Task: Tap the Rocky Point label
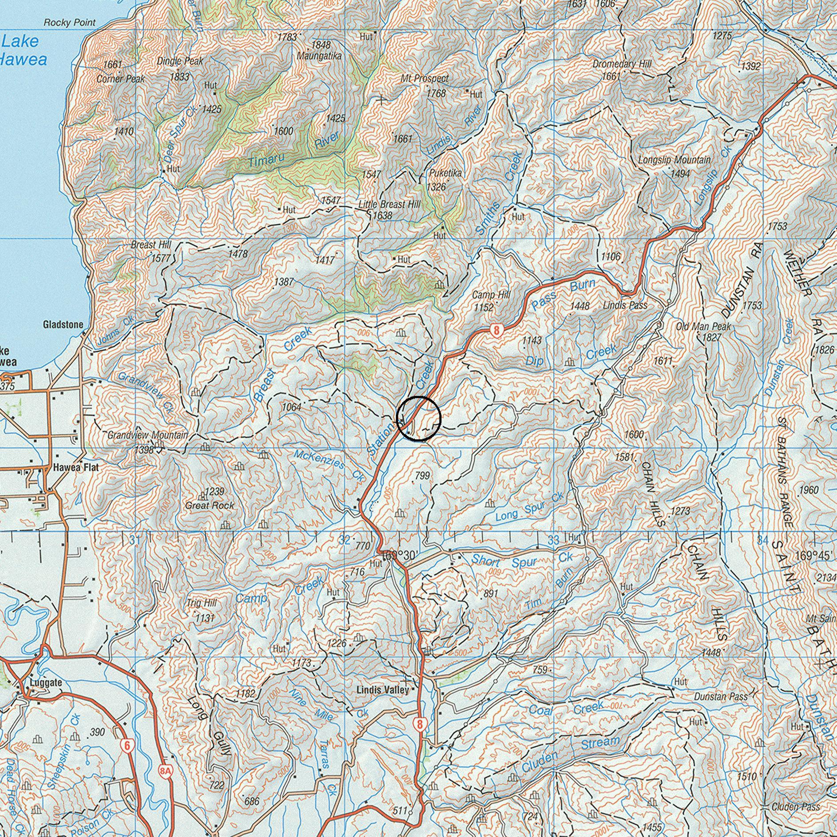[x=70, y=23]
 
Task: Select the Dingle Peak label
[x=180, y=61]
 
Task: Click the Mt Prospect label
[x=425, y=79]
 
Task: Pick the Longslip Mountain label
[x=674, y=160]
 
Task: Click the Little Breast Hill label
[x=389, y=205]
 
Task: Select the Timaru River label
[x=293, y=151]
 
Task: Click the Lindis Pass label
[x=625, y=305]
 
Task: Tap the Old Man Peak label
[x=703, y=327]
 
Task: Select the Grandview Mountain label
[x=147, y=435]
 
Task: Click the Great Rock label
[x=209, y=505]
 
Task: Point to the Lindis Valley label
[x=383, y=690]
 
